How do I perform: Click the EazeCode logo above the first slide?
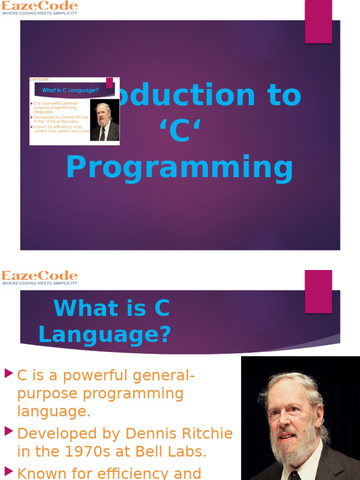39,6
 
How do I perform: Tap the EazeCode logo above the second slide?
39,276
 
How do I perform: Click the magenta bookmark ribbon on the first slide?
318,22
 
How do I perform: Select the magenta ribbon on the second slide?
318,291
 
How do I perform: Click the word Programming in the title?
180,168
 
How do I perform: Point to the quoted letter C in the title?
180,132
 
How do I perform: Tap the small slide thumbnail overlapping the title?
75,111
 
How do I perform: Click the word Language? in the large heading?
105,335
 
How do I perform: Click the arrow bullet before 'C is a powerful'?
8,374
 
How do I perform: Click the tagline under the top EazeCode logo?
39,14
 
